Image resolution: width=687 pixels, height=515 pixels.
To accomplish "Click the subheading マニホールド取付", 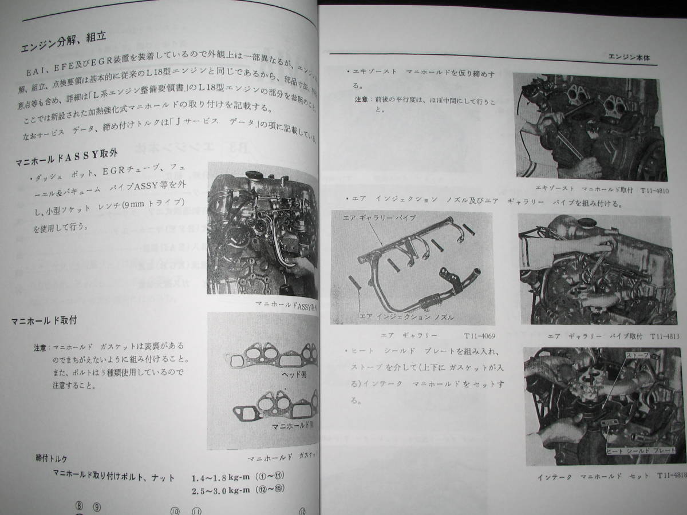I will coord(44,321).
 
